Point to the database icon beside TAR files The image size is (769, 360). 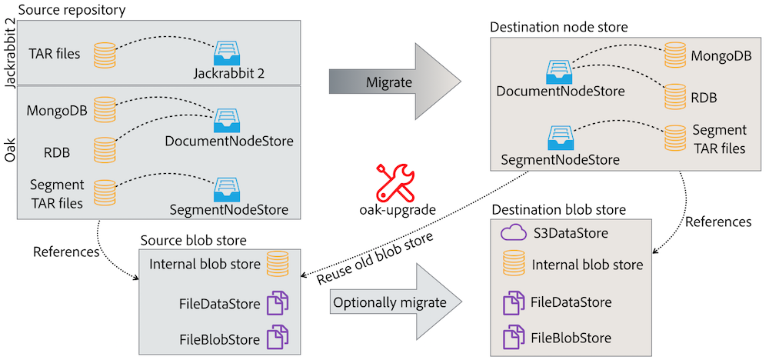(x=104, y=55)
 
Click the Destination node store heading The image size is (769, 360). (x=559, y=27)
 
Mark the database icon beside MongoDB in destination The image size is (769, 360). (x=675, y=55)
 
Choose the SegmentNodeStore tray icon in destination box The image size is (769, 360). (x=559, y=138)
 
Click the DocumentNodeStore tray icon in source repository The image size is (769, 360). (x=227, y=118)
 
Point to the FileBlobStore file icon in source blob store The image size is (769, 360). (x=277, y=337)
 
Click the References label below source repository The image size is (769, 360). (x=66, y=252)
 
